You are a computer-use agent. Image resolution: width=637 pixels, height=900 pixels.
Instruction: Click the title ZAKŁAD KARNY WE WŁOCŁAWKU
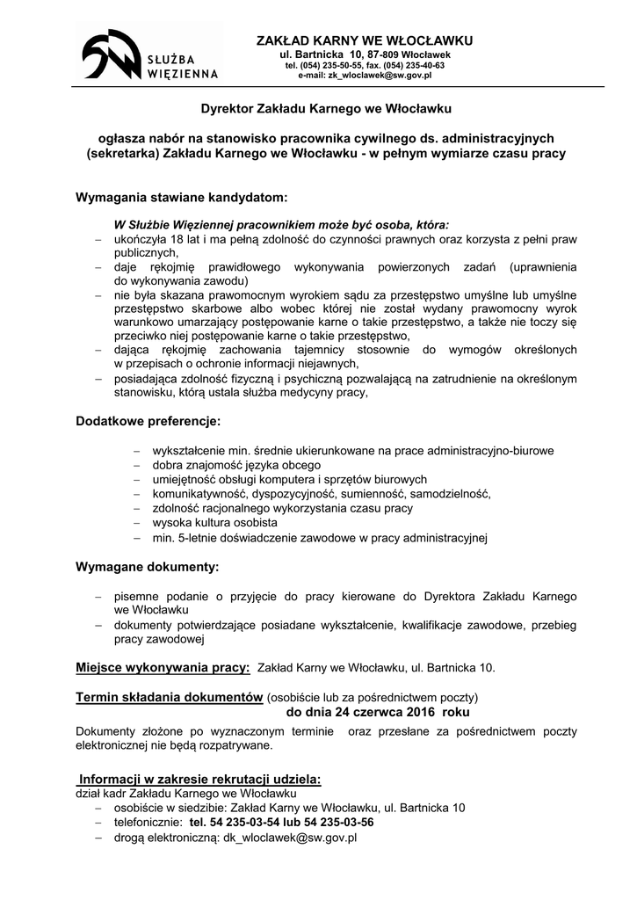(364, 41)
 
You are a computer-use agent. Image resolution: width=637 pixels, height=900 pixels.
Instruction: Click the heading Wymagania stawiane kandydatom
(182, 199)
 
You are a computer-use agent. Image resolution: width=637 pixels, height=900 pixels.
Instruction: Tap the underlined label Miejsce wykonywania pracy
(163, 667)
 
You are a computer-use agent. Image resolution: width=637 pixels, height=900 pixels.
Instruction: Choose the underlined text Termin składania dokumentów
(170, 697)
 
